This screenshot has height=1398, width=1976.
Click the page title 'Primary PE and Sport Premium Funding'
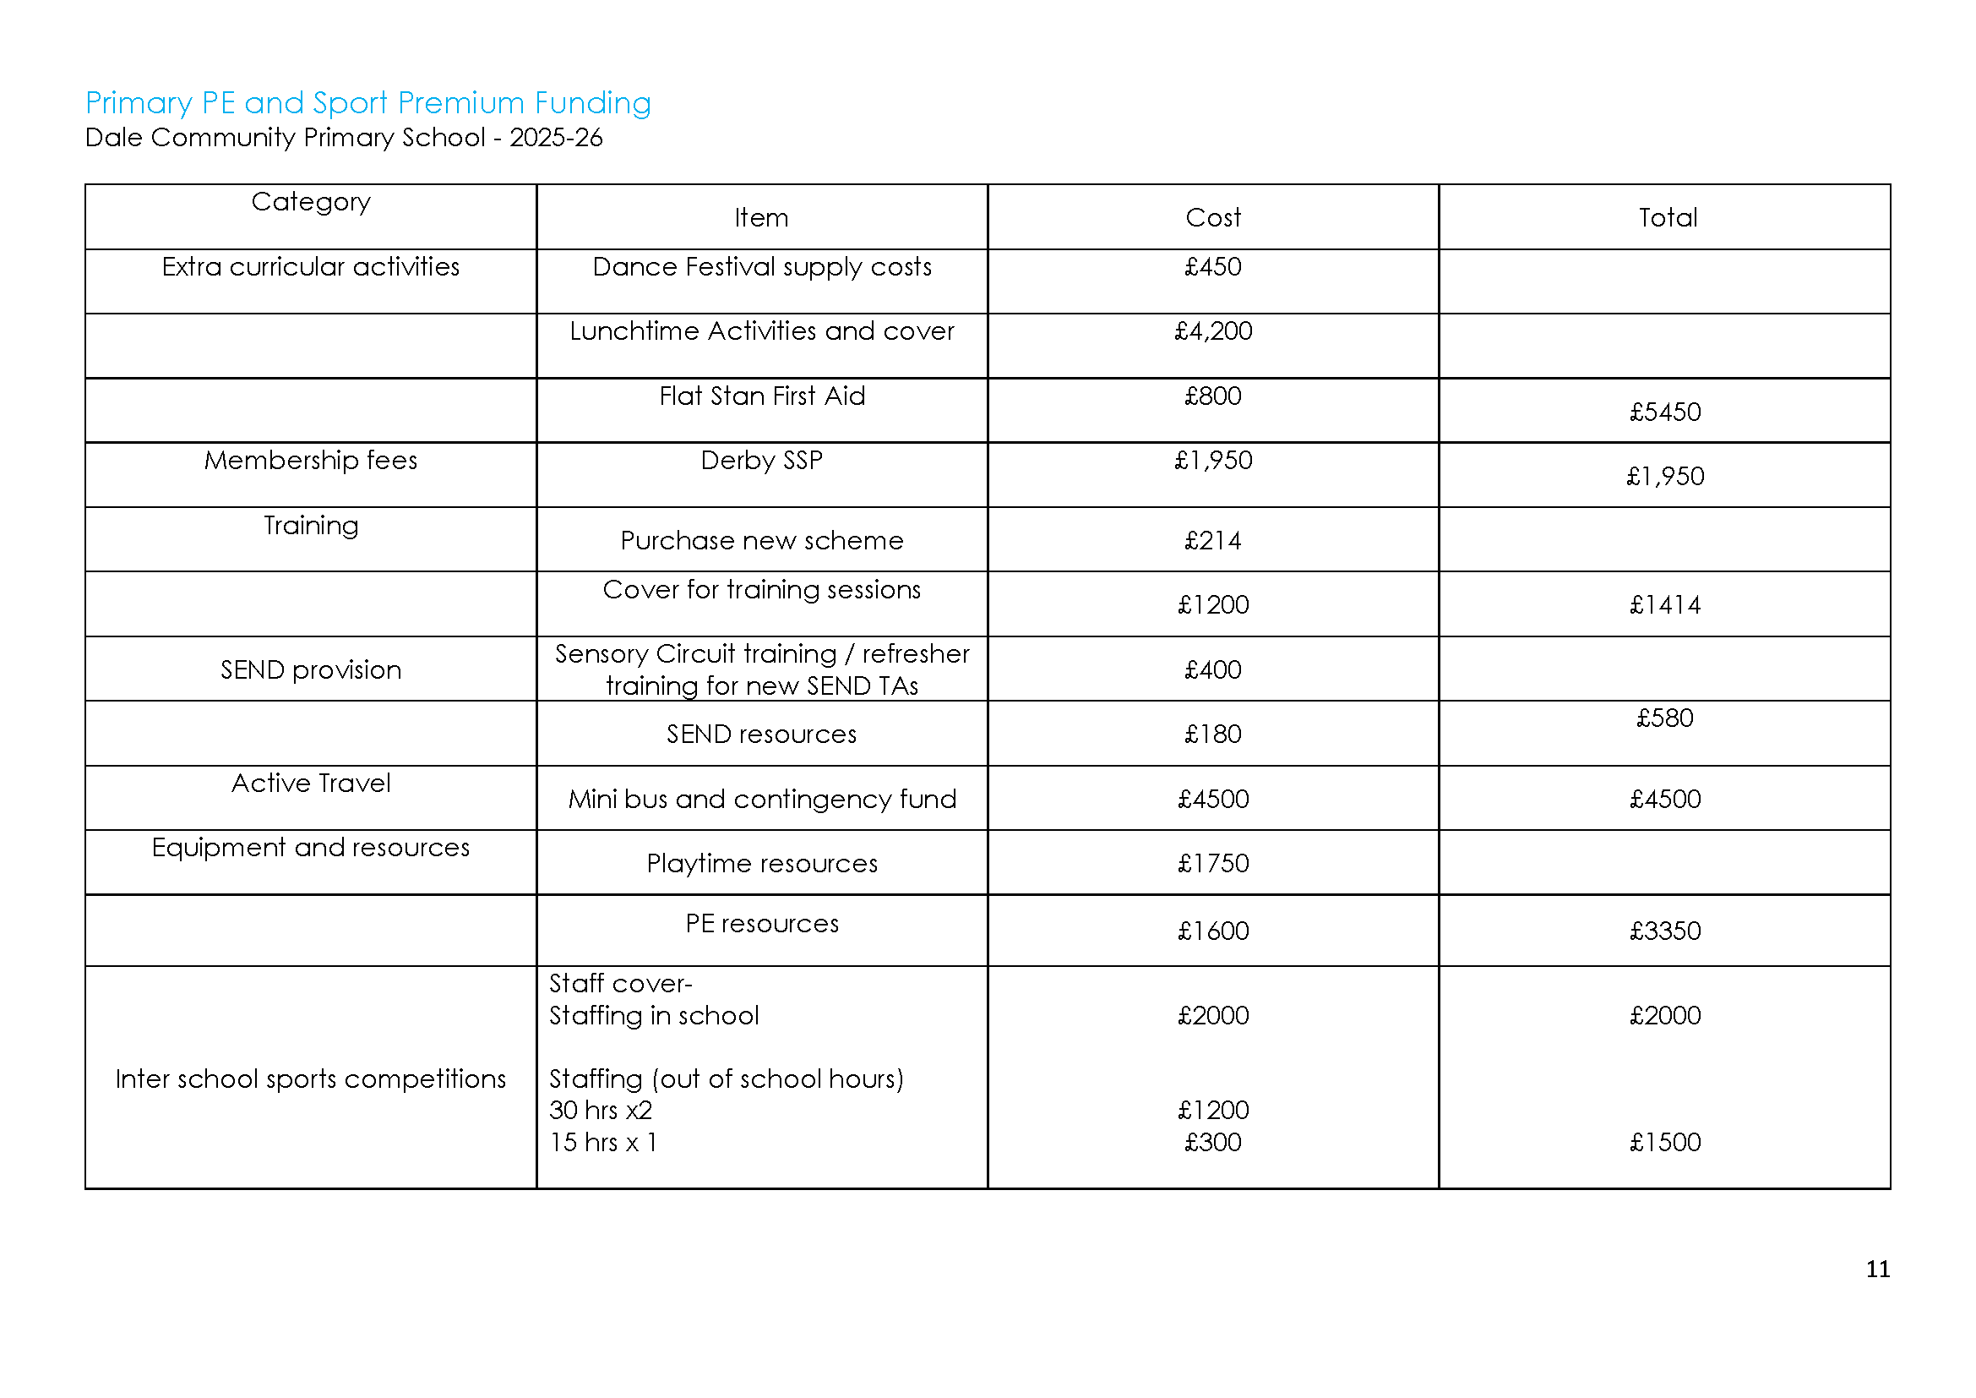pos(367,103)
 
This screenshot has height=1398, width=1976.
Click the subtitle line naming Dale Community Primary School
pos(343,138)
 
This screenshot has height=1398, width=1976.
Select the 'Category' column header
pos(311,201)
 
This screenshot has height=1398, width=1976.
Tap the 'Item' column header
pos(761,218)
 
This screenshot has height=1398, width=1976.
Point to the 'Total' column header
pos(1667,218)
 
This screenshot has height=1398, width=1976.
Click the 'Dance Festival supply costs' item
pos(762,267)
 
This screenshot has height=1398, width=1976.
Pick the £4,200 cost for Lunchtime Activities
pos(1212,331)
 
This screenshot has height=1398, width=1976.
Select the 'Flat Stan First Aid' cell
pos(762,396)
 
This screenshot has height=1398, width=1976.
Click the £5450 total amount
pos(1664,412)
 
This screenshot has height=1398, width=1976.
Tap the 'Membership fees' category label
pos(311,461)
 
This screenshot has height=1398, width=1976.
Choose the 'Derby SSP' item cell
pos(762,461)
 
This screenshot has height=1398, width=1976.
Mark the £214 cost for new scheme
pos(1212,541)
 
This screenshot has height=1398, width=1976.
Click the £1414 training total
pos(1664,605)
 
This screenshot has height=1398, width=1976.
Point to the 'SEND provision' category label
pos(311,669)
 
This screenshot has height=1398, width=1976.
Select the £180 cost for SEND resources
pos(1212,734)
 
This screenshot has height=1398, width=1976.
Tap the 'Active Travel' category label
pos(311,784)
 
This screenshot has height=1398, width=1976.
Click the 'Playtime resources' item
pos(762,864)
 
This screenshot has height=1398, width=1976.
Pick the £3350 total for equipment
pos(1664,931)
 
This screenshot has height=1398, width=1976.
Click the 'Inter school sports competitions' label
pos(311,1079)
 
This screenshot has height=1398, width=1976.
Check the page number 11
pos(1877,1270)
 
